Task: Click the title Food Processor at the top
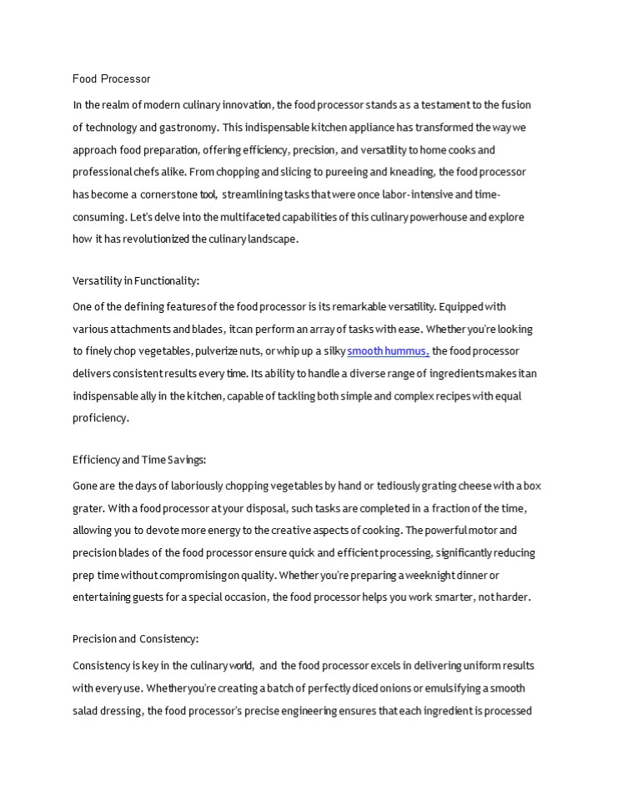tap(112, 79)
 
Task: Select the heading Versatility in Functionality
tap(136, 280)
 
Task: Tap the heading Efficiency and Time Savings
tap(139, 460)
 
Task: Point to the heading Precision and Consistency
tap(135, 639)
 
